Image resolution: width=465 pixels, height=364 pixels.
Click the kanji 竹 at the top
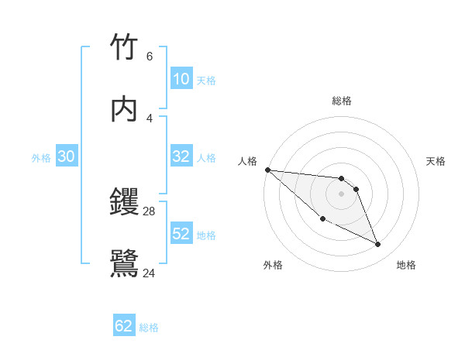(x=125, y=47)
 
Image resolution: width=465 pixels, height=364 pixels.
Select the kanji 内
(x=125, y=110)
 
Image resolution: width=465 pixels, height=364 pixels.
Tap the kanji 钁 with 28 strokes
(x=125, y=203)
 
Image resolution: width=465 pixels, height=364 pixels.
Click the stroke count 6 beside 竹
(x=149, y=56)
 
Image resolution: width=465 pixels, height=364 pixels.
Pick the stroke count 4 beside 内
(x=149, y=118)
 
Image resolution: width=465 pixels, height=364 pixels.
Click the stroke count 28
(x=150, y=211)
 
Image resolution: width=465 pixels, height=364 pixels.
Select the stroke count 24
(x=150, y=273)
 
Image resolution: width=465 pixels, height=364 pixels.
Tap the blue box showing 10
(x=181, y=79)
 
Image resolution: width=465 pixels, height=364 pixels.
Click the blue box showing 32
(x=181, y=156)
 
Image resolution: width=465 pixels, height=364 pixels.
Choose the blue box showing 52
(x=181, y=234)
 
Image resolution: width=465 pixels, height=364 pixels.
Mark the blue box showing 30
(x=67, y=156)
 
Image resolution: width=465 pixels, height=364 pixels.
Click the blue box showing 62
(x=124, y=326)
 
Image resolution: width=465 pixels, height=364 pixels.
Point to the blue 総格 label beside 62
(x=149, y=328)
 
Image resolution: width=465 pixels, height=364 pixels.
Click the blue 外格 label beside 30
(x=41, y=158)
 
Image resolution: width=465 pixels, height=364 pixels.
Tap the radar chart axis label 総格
(x=342, y=101)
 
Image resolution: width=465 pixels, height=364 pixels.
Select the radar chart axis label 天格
(x=436, y=161)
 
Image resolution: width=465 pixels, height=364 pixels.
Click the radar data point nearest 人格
(x=267, y=170)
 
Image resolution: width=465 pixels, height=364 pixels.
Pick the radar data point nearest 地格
(x=378, y=245)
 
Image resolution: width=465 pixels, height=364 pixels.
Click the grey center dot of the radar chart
(x=342, y=194)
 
